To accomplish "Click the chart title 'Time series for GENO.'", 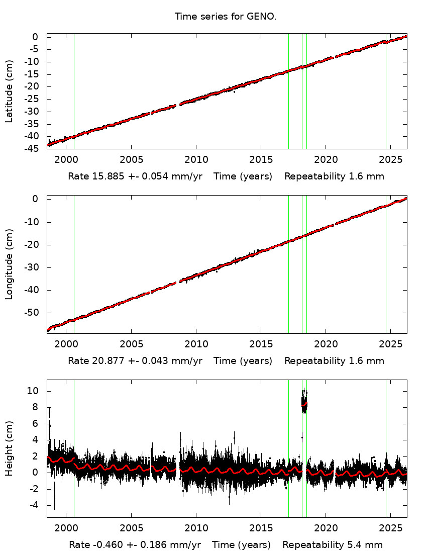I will (x=226, y=17).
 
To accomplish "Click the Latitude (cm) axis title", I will (x=9, y=91).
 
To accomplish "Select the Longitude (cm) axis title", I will (x=9, y=264).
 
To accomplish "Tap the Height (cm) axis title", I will (x=9, y=448).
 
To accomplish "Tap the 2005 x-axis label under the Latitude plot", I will (x=131, y=159).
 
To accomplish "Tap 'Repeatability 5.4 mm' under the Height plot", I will (x=333, y=545).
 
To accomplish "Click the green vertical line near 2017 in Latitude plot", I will (x=288, y=101).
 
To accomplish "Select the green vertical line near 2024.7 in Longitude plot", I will (x=386, y=271).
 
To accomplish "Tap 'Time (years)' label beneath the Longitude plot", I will (x=243, y=360).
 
